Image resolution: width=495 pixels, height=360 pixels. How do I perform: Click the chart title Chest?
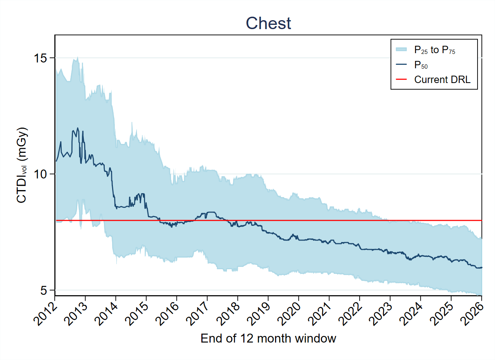click(268, 24)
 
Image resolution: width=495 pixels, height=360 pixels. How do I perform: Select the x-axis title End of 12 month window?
click(268, 338)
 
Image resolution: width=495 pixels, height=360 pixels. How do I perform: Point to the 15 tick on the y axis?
click(39, 58)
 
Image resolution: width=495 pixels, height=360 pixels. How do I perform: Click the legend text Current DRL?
click(442, 80)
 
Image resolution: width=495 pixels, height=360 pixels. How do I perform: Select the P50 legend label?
click(421, 65)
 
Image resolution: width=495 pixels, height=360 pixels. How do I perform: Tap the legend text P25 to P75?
click(434, 50)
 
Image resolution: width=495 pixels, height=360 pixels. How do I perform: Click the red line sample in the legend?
click(401, 80)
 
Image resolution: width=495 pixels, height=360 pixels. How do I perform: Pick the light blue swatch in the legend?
click(401, 49)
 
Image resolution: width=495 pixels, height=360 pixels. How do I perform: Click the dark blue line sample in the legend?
click(401, 64)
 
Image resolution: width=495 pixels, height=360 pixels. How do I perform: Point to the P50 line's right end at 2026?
click(481, 267)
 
